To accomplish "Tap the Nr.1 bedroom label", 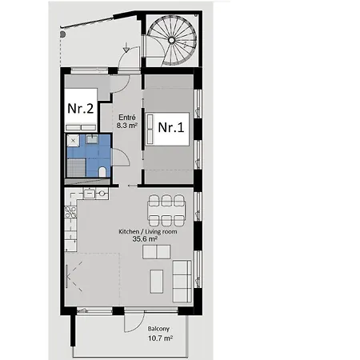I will (171, 126).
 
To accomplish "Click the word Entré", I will (126, 117).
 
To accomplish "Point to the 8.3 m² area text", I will (126, 126).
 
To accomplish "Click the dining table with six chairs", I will (166, 210).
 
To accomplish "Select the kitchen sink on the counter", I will (89, 193).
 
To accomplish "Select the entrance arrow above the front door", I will (125, 51).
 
